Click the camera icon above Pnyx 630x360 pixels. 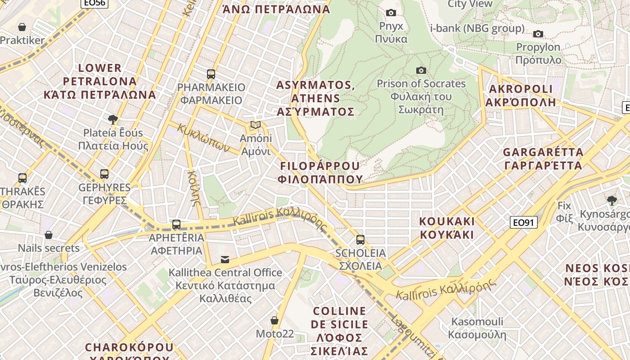click(x=391, y=13)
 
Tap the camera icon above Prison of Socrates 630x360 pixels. click(x=421, y=70)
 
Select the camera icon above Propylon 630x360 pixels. click(x=538, y=34)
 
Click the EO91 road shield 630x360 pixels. click(x=524, y=222)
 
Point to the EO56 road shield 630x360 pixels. click(x=94, y=3)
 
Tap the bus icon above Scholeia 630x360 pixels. click(x=360, y=239)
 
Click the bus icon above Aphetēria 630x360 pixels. click(x=176, y=224)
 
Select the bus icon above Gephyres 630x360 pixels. click(x=104, y=174)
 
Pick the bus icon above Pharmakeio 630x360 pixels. click(x=211, y=74)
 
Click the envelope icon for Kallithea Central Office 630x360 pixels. click(x=225, y=259)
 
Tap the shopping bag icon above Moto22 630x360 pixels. click(x=274, y=320)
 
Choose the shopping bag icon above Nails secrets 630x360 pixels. click(x=49, y=234)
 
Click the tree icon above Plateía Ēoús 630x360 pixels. click(x=113, y=119)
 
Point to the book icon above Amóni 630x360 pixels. click(x=256, y=125)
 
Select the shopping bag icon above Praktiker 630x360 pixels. click(x=22, y=27)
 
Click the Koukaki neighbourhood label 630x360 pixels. click(x=447, y=228)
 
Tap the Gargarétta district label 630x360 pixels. click(x=543, y=158)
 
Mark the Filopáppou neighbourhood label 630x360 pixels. click(x=320, y=172)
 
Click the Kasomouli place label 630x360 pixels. click(x=477, y=328)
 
